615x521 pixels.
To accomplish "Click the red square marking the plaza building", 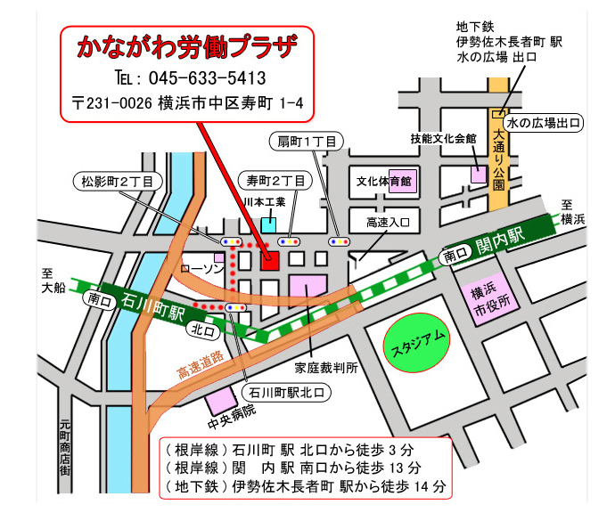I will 269,259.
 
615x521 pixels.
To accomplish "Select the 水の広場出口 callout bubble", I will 545,122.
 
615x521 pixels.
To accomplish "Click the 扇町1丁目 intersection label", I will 306,141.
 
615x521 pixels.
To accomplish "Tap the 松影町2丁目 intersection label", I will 117,180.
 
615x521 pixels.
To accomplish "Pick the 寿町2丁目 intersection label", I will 275,180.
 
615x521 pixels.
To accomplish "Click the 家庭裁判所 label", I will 326,366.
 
